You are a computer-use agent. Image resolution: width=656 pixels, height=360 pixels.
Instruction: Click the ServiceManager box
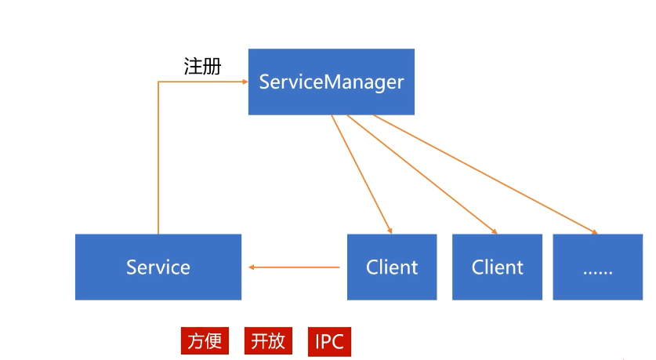331,82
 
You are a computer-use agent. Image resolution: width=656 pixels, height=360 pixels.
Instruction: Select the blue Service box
158,267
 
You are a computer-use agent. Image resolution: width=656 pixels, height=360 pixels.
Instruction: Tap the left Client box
392,267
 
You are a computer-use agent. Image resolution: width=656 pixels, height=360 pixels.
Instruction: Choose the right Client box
497,267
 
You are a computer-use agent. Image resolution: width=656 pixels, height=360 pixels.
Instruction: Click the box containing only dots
598,267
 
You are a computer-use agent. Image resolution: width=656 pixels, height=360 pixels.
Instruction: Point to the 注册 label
202,67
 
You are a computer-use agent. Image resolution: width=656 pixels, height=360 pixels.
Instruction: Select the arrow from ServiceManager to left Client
361,173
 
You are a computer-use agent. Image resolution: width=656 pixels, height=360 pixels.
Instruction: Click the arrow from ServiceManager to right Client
422,173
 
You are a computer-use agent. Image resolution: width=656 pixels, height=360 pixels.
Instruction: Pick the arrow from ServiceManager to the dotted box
486,174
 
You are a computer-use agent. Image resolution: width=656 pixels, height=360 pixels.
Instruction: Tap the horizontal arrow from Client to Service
295,267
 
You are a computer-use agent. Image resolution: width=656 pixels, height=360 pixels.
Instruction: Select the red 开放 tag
268,341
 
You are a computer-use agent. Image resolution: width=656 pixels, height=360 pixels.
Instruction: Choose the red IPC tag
329,341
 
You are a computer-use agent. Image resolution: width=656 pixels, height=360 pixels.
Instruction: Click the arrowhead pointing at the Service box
252,267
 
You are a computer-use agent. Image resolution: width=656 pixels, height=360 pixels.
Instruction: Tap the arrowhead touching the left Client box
389,231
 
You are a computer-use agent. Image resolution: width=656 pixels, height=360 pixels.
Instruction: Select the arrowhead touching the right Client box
494,231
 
